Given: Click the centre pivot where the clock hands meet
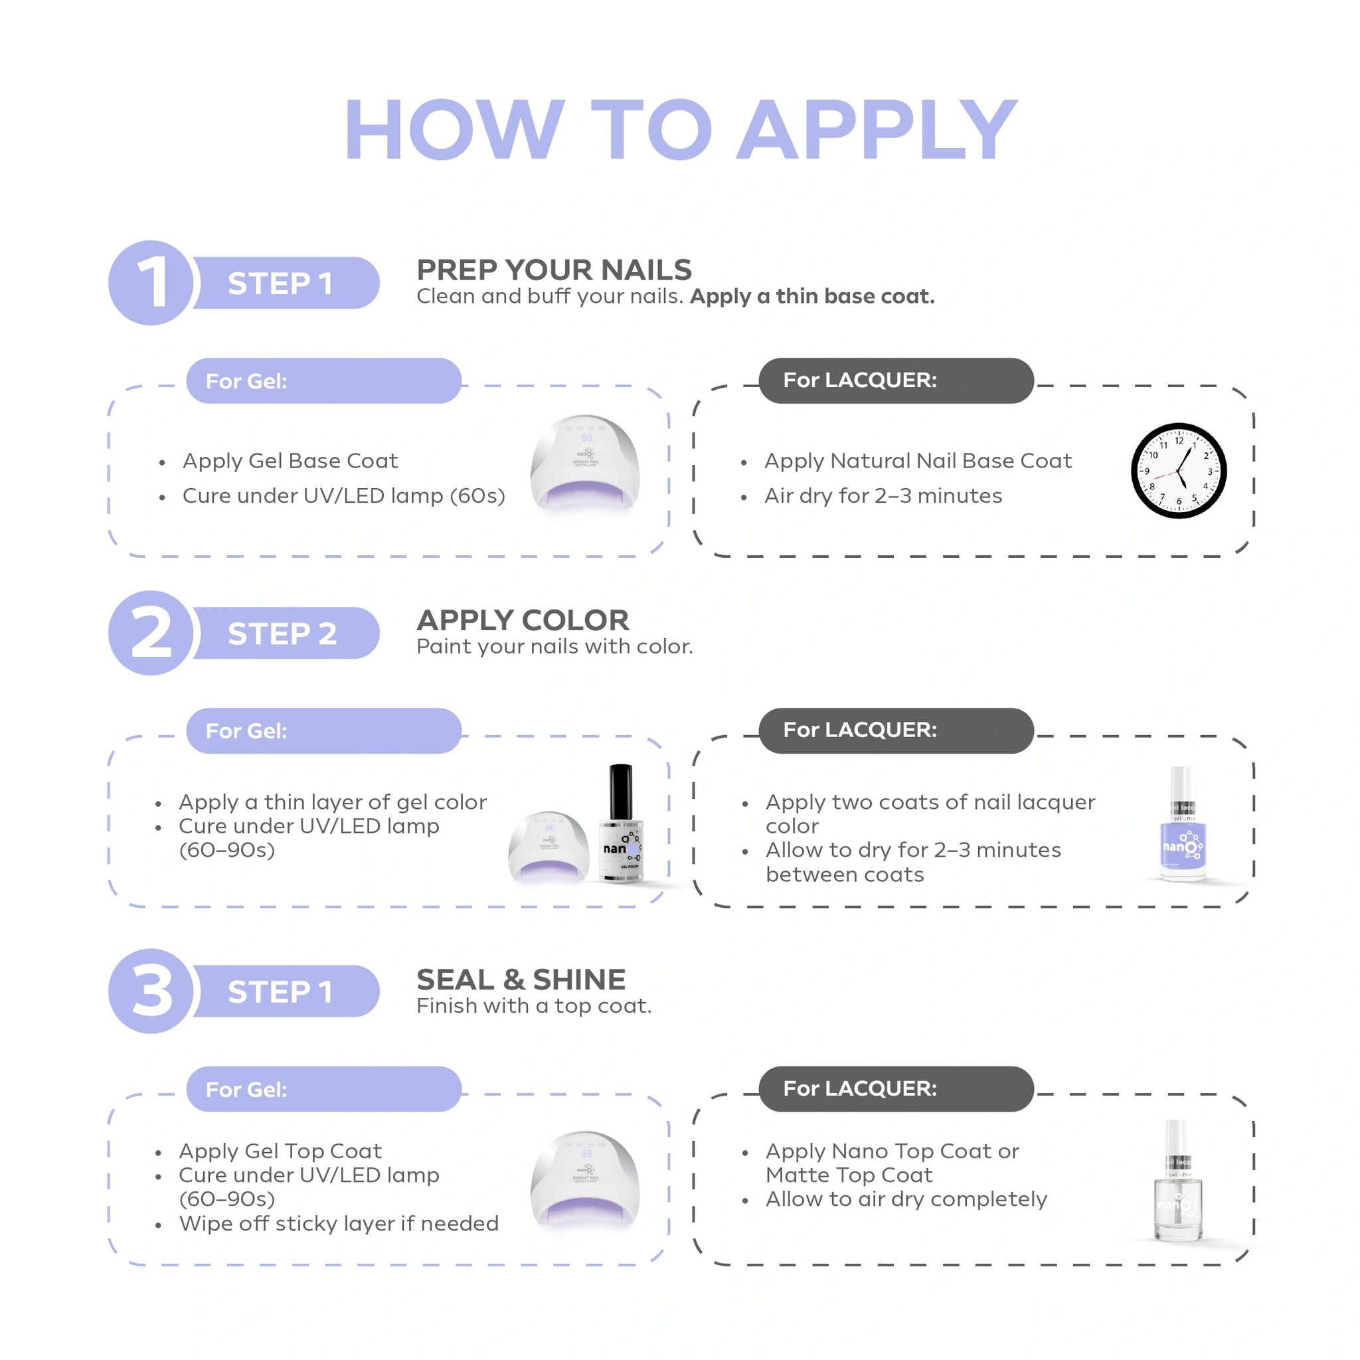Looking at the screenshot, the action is [x=1179, y=470].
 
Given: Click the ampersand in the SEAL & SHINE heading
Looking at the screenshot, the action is [x=513, y=980].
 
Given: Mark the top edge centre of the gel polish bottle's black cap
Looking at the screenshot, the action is [x=620, y=765].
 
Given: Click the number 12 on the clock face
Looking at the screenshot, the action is [x=1179, y=441].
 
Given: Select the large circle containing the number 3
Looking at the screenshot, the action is [x=151, y=991].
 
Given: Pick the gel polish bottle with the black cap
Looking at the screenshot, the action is [x=620, y=823].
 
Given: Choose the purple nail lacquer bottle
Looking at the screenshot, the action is [x=1183, y=824].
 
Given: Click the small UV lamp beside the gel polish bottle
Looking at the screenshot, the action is [x=549, y=845].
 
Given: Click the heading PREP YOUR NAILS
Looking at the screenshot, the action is [x=554, y=270].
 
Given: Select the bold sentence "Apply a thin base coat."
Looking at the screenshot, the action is [x=812, y=296].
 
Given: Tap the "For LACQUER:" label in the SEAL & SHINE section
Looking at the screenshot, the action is [x=860, y=1089].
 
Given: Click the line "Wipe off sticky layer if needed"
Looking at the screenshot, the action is [x=339, y=1223].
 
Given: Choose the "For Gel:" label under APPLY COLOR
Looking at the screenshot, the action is [x=246, y=730].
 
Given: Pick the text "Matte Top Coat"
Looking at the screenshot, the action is [x=849, y=1175].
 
